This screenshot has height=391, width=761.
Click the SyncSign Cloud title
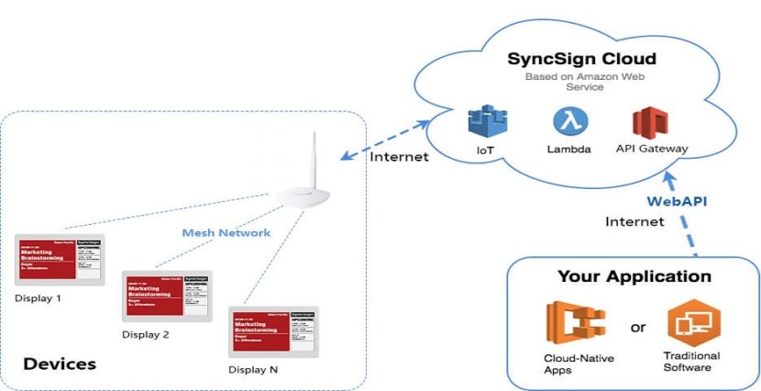(582, 59)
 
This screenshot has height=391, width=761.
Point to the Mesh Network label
(226, 233)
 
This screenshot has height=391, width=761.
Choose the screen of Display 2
(166, 296)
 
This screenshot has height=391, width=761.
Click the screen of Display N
(273, 331)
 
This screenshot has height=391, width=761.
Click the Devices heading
(60, 363)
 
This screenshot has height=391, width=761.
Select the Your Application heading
(634, 275)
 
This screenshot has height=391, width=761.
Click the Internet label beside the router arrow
(399, 156)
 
